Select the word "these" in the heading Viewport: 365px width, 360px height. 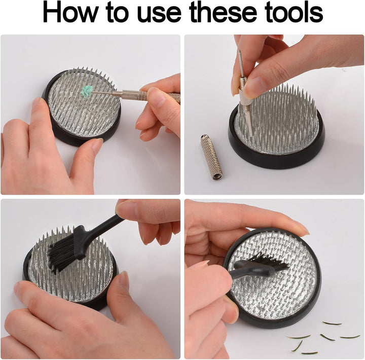[223, 12]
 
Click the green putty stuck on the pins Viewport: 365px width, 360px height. [86, 91]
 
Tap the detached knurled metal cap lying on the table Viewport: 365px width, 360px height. [211, 157]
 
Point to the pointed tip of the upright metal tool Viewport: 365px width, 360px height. [240, 51]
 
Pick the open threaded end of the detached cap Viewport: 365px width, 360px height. [217, 175]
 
